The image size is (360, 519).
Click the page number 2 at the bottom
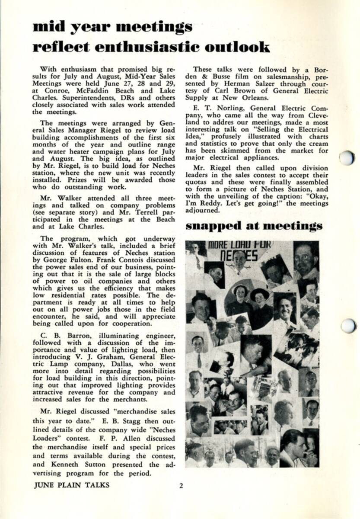tap(181, 485)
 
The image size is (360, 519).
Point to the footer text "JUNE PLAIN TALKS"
tap(71, 485)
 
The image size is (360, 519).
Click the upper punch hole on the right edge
tap(347, 157)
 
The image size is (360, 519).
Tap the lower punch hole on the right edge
tap(348, 325)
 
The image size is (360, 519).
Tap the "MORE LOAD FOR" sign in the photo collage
tap(239, 245)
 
